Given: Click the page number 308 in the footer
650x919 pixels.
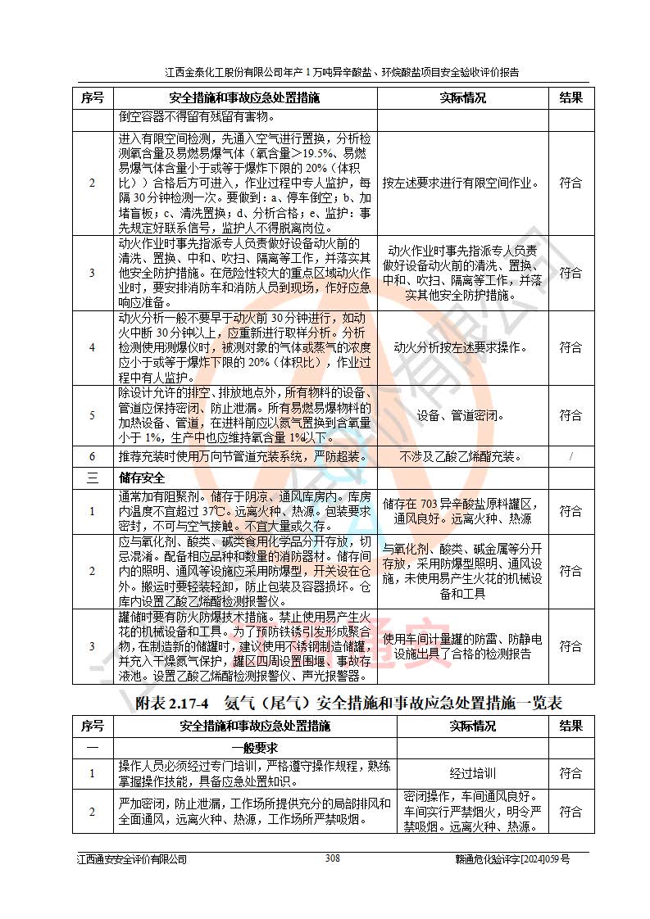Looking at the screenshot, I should pyautogui.click(x=332, y=858).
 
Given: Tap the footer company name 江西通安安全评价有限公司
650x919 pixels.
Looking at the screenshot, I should pyautogui.click(x=131, y=858).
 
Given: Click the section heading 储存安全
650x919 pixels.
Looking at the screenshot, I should pyautogui.click(x=142, y=477).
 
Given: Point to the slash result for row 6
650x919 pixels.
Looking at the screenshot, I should pyautogui.click(x=570, y=456).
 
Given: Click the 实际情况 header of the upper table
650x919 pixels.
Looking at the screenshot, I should pyautogui.click(x=462, y=97).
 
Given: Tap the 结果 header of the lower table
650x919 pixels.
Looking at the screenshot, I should pyautogui.click(x=570, y=726).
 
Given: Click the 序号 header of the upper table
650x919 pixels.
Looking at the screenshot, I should pyautogui.click(x=92, y=97).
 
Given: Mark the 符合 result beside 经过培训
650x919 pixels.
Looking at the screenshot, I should pyautogui.click(x=570, y=772).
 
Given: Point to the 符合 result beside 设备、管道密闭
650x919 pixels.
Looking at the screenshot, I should pyautogui.click(x=570, y=415).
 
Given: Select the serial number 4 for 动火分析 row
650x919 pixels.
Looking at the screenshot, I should pyautogui.click(x=92, y=347).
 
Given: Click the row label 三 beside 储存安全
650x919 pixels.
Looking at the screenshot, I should pyautogui.click(x=92, y=477).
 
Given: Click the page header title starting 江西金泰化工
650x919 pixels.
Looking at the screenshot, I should pyautogui.click(x=342, y=72).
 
